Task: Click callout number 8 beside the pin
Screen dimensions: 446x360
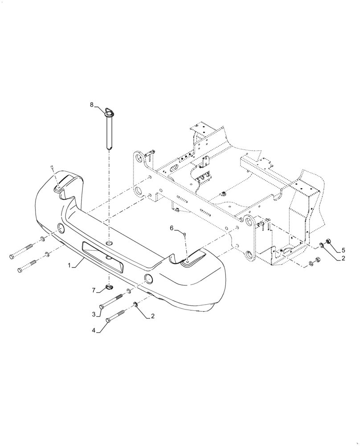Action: pyautogui.click(x=92, y=105)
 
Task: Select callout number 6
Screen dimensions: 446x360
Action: pyautogui.click(x=171, y=228)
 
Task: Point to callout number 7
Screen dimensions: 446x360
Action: pyautogui.click(x=94, y=290)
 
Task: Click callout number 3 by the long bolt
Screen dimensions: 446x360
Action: pyautogui.click(x=94, y=314)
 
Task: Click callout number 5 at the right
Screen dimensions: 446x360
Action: pyautogui.click(x=344, y=249)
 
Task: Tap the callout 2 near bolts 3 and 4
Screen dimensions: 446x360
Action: pyautogui.click(x=153, y=316)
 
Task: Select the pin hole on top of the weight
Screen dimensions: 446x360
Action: pyautogui.click(x=110, y=244)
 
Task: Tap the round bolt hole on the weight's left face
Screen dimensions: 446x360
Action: pyautogui.click(x=60, y=229)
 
